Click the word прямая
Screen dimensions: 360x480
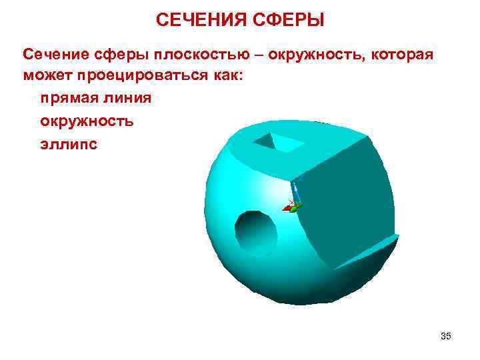click(x=67, y=99)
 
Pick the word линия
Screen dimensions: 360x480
click(x=126, y=99)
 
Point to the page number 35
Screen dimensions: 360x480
click(x=446, y=337)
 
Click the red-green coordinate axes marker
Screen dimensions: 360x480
click(x=291, y=207)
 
